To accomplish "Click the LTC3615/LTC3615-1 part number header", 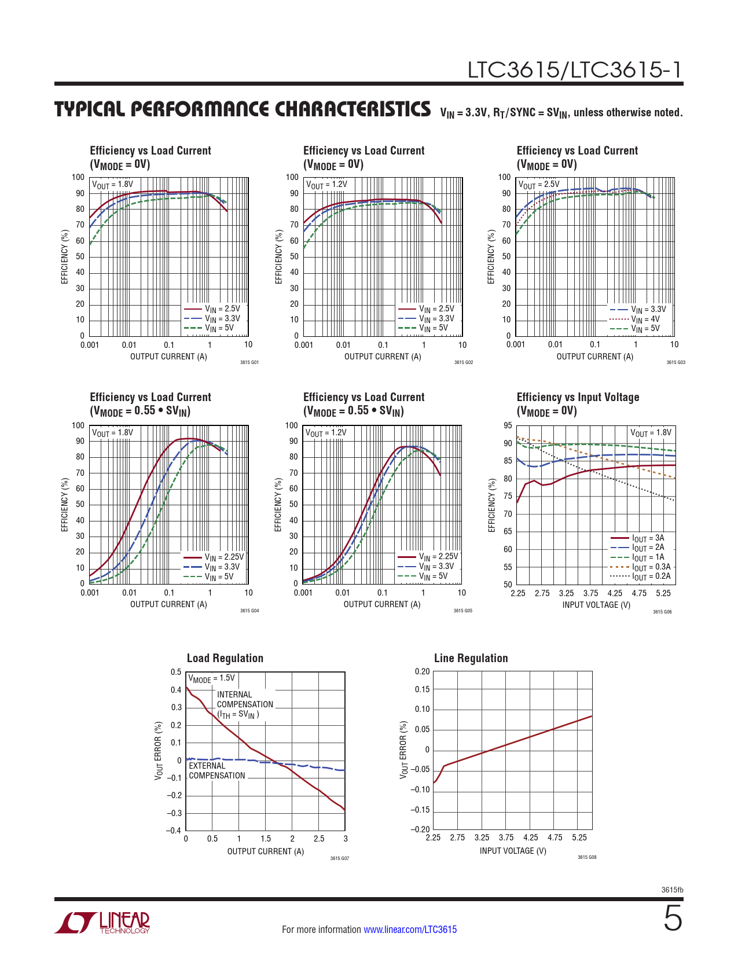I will pos(575,70).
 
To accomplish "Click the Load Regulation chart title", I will pos(225,658).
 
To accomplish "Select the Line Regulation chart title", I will pos(471,658).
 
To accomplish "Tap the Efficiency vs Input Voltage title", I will pos(578,397).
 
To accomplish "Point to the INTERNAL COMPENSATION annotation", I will pos(245,704).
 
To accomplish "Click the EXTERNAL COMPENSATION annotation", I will pos(216,770).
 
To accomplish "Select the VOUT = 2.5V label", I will pos(539,185).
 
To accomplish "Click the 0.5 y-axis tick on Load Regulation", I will pos(176,672).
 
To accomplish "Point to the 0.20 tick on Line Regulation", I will pos(423,671).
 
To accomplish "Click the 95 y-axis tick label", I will pos(508,425).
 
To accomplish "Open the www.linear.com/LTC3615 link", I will pos(410,930).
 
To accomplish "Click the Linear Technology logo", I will pos(102,923).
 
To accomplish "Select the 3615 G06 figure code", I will pos(662,612).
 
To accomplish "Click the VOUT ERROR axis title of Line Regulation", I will pos(403,750).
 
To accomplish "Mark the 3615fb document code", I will pos(672,890).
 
